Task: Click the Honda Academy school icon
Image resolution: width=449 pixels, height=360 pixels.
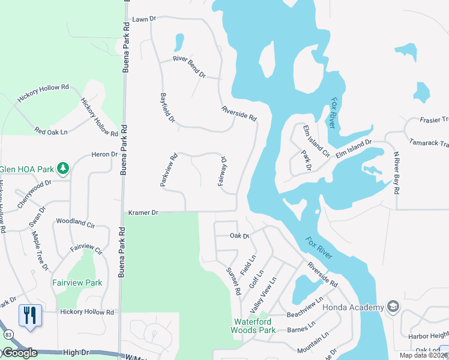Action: (x=393, y=307)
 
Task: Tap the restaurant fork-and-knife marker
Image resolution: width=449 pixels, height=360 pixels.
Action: (x=30, y=316)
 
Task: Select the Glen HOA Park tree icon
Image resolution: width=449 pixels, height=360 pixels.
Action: (x=62, y=167)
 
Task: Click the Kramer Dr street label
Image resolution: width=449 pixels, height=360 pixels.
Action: (x=143, y=212)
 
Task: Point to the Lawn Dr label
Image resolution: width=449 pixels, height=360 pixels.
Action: (x=143, y=19)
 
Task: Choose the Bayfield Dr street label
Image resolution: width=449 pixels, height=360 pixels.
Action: (x=167, y=109)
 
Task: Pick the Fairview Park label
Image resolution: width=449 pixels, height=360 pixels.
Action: (x=77, y=283)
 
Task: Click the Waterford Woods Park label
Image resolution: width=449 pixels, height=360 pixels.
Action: (x=254, y=326)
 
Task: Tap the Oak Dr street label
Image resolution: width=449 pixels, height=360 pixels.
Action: (x=239, y=236)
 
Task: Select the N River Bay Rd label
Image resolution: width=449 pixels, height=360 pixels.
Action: (x=396, y=173)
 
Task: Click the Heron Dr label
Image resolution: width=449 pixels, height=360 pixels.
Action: (x=105, y=154)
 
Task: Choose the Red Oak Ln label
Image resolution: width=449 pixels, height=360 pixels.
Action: (x=51, y=131)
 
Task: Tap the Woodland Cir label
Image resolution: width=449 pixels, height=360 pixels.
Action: (x=76, y=221)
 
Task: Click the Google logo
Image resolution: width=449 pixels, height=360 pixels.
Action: (x=19, y=353)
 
